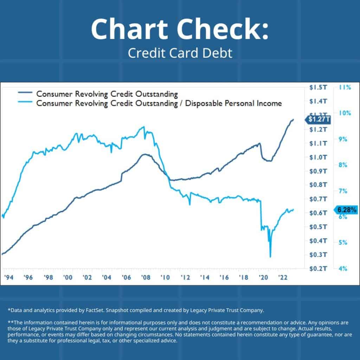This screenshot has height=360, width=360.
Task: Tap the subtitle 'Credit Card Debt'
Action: point(180,53)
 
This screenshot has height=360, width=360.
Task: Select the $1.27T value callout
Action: point(319,120)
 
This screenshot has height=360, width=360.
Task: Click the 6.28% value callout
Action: point(346,210)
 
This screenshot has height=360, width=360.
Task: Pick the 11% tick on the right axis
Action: point(345,88)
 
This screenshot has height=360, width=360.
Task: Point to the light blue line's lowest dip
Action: point(270,257)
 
